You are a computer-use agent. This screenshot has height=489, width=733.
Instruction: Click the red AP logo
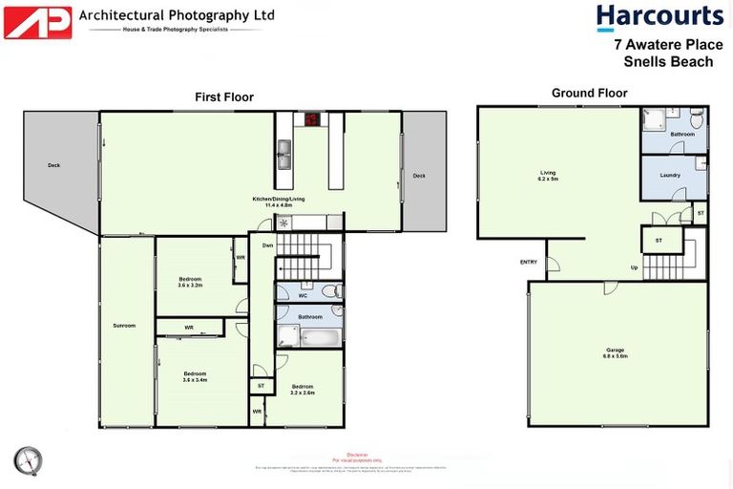pos(37,22)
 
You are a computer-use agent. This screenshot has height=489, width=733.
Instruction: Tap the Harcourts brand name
pos(660,16)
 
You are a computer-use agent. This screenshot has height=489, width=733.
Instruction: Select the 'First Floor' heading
pos(224,96)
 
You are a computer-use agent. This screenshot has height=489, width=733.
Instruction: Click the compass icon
pos(29,460)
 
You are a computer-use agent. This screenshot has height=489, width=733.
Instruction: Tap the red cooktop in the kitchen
pos(311,120)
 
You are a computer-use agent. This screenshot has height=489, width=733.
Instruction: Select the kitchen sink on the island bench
pos(283,149)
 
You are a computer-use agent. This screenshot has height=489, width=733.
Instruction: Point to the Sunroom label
pos(124,326)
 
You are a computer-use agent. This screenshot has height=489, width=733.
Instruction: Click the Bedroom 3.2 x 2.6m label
pos(303,389)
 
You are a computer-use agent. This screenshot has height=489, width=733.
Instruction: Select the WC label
pos(302,295)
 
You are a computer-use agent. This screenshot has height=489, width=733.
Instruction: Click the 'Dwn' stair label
pos(267,245)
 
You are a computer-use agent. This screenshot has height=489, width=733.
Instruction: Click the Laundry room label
pos(670,176)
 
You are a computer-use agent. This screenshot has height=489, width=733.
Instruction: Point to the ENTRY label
pos(528,262)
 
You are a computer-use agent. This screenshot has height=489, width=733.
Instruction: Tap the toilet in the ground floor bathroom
pos(696,121)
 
